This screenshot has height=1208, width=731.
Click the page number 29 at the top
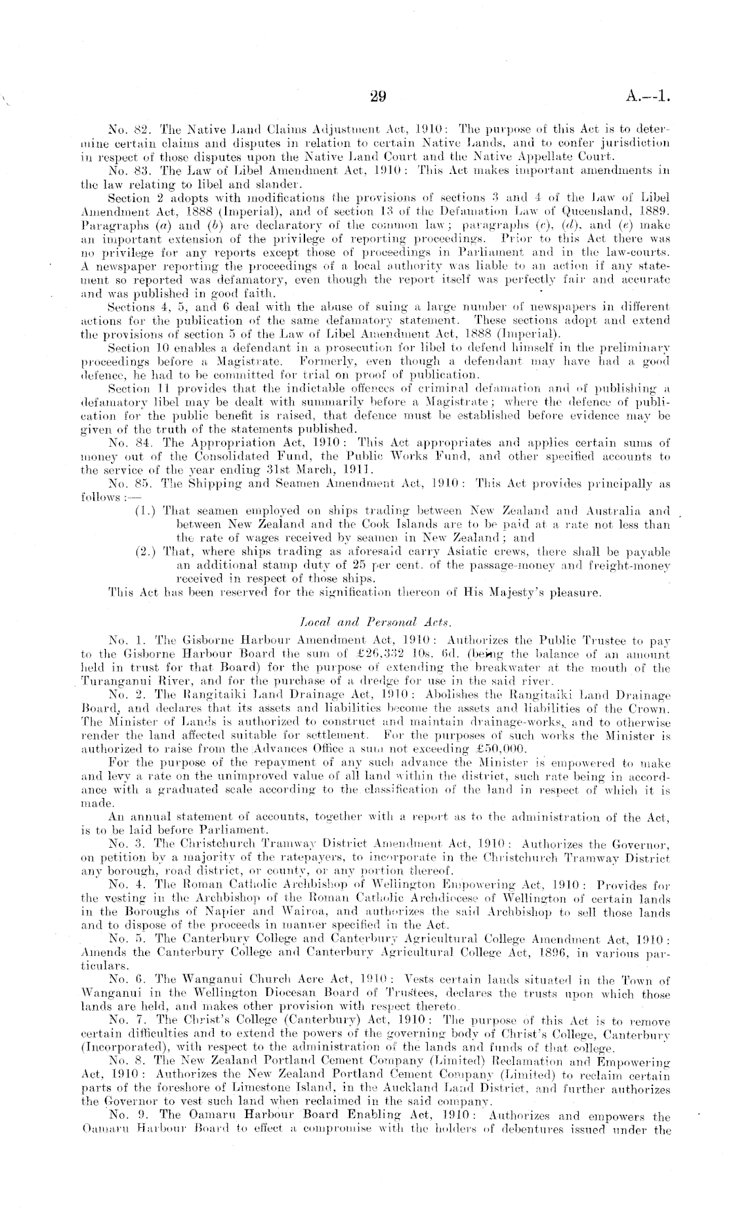point(377,98)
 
